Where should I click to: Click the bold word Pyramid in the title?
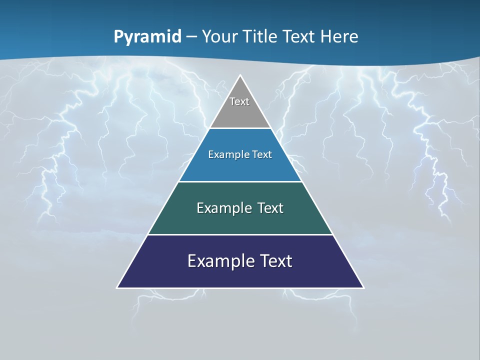[147, 37]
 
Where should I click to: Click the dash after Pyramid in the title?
[191, 37]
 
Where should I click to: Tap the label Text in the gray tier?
[239, 101]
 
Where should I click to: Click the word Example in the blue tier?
[227, 154]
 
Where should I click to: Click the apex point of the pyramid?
[240, 76]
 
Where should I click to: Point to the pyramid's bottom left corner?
[117, 287]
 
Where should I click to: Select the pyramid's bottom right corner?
[363, 287]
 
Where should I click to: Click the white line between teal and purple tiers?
[240, 234]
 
